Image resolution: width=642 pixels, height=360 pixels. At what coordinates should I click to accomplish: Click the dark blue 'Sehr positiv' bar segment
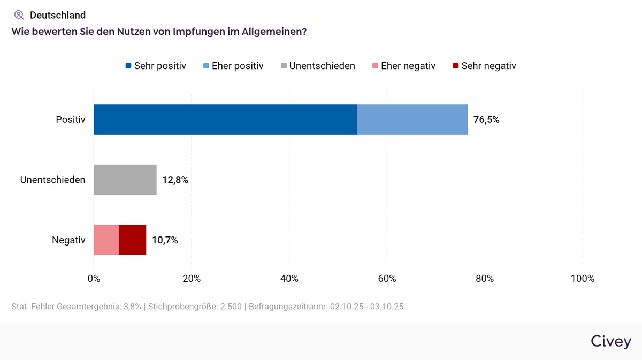pos(225,119)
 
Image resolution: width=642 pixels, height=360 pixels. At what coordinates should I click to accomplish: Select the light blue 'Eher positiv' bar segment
pos(412,119)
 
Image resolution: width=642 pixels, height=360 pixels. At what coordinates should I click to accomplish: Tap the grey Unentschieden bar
pos(125,180)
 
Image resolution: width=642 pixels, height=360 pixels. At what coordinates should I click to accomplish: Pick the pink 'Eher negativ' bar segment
pos(106,240)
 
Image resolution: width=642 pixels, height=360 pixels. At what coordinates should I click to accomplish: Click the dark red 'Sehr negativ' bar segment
pos(132,240)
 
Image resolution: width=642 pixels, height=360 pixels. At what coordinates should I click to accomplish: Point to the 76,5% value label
pos(486,120)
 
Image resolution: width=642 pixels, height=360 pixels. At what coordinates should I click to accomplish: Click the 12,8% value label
pos(175,180)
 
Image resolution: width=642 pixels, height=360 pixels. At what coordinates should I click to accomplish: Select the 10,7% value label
pos(165,240)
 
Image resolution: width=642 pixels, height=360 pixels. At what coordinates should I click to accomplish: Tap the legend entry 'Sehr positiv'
pos(156,66)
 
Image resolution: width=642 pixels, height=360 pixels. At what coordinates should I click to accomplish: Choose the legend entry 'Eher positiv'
pos(233,66)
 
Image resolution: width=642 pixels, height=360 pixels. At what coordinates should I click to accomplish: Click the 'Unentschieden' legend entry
pos(317,66)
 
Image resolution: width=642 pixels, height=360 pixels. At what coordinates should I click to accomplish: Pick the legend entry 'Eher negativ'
pos(403,66)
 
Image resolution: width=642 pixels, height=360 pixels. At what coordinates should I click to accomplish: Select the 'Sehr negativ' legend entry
pos(484,66)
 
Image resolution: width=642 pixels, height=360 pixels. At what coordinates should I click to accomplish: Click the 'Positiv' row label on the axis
pos(70,120)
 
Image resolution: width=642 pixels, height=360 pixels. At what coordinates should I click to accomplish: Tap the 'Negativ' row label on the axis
pos(68,240)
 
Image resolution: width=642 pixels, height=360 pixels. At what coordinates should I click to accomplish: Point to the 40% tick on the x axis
pos(289,279)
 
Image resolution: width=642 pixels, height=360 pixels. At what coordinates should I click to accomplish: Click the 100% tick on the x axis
pos(582,279)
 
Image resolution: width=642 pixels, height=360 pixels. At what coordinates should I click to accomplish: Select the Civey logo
pos(611,341)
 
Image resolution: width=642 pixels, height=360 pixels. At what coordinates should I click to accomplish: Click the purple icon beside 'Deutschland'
pos(19,15)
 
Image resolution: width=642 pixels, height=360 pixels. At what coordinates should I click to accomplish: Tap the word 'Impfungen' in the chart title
pos(203,32)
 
